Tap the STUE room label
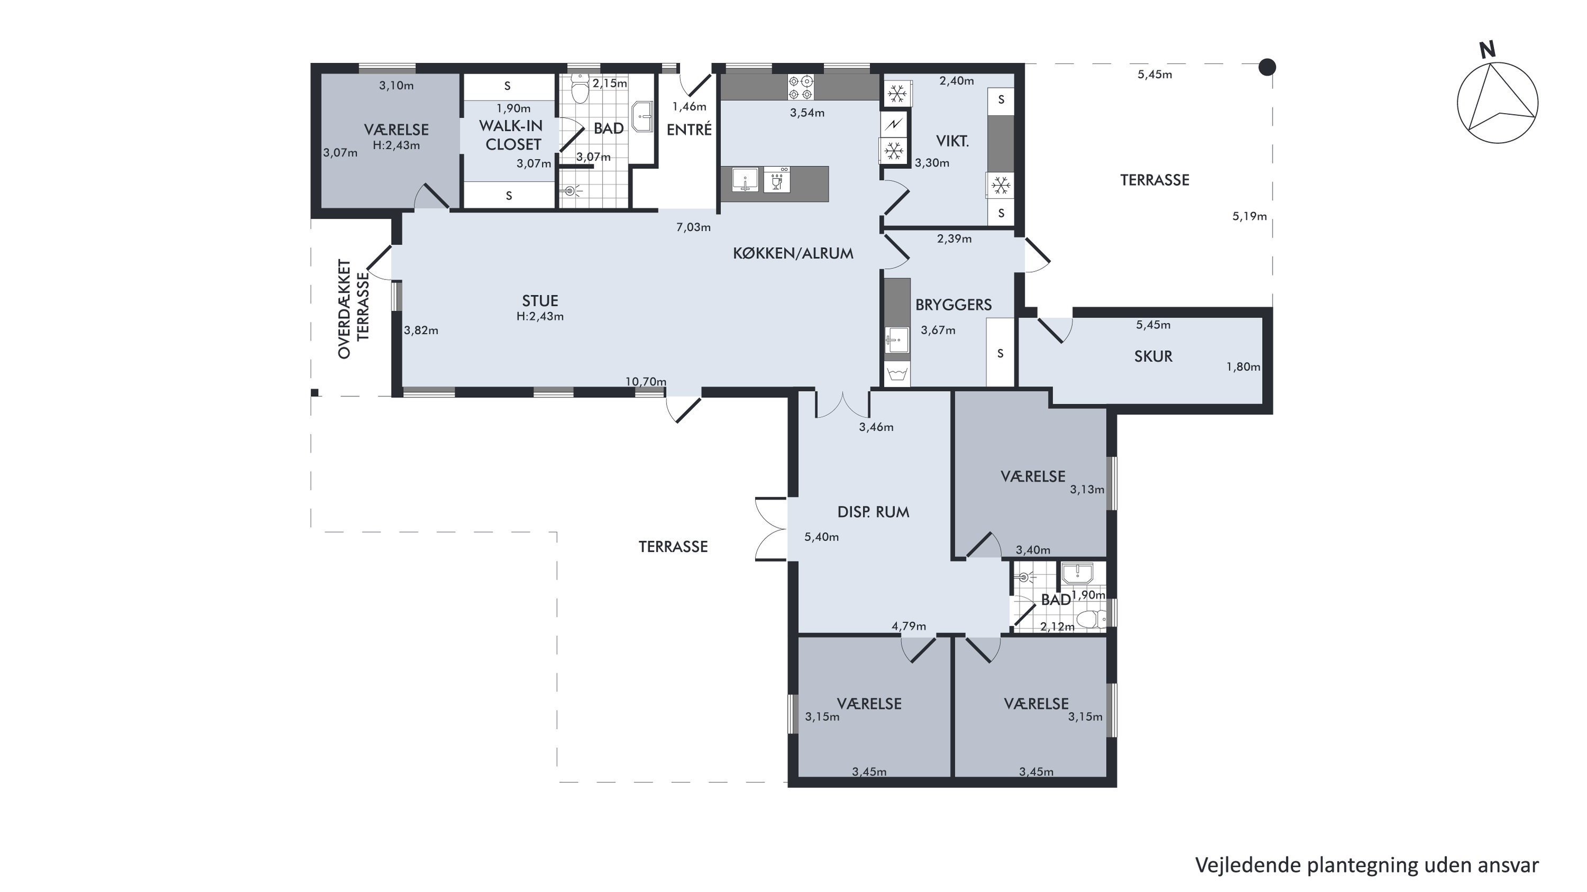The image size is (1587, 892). (540, 301)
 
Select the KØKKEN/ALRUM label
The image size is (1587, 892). (793, 253)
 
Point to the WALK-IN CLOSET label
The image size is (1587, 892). (511, 135)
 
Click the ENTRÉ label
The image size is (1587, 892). (690, 130)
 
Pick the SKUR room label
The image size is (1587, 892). (1153, 356)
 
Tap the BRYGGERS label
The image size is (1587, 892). (954, 304)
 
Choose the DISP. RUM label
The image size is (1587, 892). (873, 512)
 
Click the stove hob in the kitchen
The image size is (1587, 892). (800, 87)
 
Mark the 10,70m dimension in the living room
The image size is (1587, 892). (646, 382)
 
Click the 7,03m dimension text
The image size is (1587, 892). (694, 227)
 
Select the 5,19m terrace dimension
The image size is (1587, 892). (1249, 216)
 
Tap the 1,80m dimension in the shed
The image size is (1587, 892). (1243, 367)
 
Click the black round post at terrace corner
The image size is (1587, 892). (1267, 67)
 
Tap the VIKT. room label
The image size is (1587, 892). (953, 141)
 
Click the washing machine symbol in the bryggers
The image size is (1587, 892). (897, 374)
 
